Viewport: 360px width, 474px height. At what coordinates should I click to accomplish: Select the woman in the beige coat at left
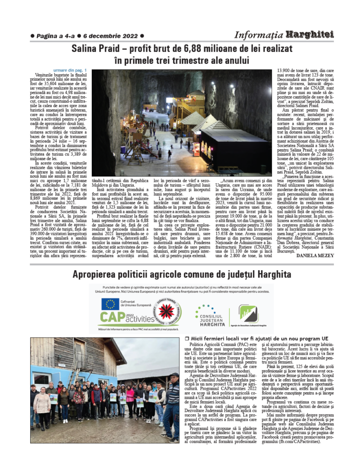coord(42,403)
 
